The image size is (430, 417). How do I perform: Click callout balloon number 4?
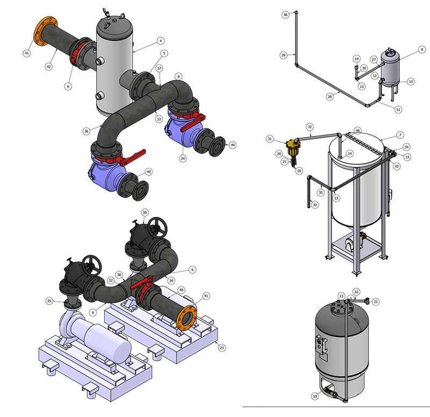[161, 41]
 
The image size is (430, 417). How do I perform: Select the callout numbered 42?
[48, 66]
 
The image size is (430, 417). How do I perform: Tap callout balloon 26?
[87, 131]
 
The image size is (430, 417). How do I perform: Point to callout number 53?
[159, 119]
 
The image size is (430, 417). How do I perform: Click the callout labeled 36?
[285, 15]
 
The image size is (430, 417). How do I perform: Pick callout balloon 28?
[329, 96]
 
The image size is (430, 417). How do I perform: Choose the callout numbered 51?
[398, 109]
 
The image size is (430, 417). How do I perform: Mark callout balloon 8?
[422, 50]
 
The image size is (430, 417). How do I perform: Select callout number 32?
[310, 127]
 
